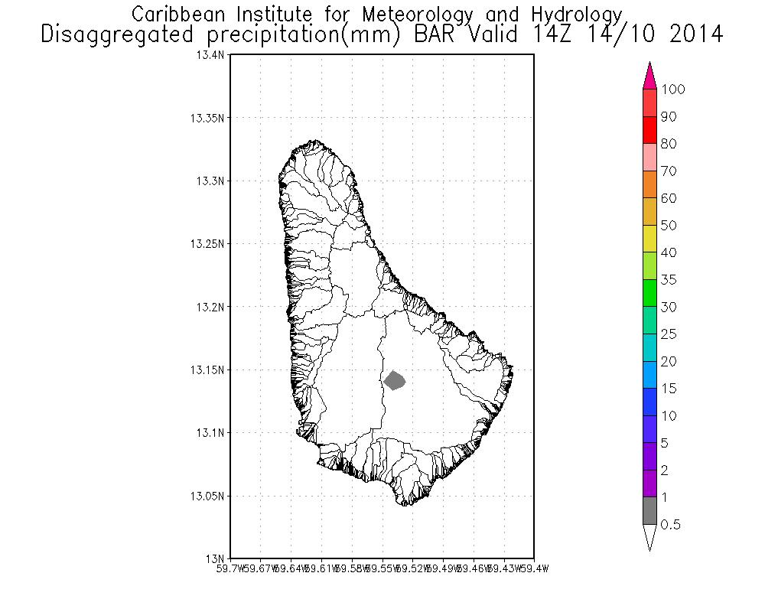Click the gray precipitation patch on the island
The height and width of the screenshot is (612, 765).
[395, 380]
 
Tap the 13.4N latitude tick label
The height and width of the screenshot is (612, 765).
[212, 56]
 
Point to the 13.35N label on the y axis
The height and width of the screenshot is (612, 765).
[209, 119]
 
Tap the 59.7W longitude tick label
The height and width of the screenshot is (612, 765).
[231, 568]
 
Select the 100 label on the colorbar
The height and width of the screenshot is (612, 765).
[673, 90]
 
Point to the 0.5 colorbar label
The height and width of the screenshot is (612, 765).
[671, 525]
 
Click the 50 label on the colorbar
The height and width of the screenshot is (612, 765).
[669, 226]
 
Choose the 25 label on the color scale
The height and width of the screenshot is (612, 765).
[669, 334]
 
